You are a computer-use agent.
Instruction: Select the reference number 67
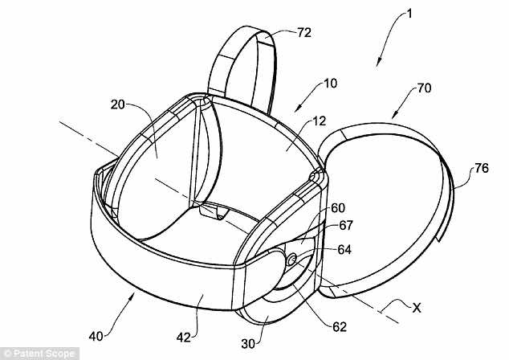pos(344,227)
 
